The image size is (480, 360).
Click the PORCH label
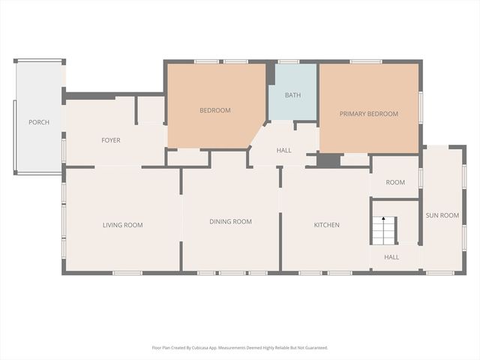(39, 122)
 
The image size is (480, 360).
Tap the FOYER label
(111, 140)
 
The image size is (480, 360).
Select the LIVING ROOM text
(122, 225)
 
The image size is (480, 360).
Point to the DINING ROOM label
(230, 221)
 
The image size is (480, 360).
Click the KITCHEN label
(326, 225)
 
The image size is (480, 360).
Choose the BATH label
(293, 95)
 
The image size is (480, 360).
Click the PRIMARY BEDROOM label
(368, 114)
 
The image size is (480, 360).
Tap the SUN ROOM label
(442, 215)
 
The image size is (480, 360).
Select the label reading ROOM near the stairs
(395, 182)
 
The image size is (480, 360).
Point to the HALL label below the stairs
(391, 257)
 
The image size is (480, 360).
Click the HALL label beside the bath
(283, 151)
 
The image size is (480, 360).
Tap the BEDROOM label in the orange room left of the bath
(214, 110)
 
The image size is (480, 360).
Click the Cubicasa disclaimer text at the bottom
(240, 348)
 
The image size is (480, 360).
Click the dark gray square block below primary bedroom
(328, 160)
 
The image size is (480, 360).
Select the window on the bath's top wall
(289, 61)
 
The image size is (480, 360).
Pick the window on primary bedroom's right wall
(420, 106)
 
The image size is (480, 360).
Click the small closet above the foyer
(151, 109)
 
